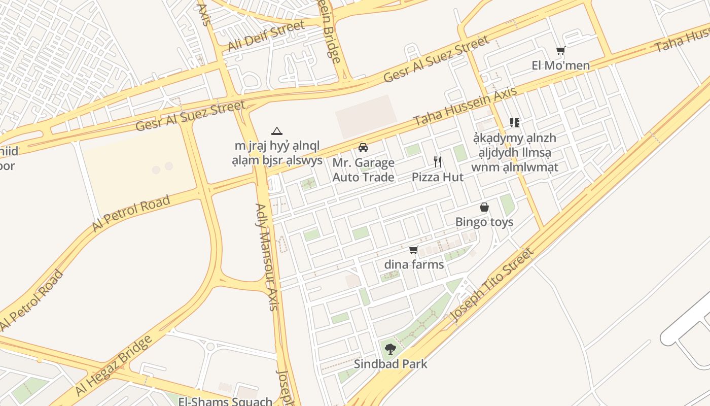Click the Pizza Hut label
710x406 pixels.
point(438,177)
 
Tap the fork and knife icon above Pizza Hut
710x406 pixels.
point(438,162)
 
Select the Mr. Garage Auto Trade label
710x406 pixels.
point(363,170)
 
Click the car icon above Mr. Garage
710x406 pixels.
point(363,148)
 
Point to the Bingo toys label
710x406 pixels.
point(484,222)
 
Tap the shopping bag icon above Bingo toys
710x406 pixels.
point(484,207)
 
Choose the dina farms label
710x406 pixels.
point(414,264)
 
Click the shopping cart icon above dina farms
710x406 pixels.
point(414,250)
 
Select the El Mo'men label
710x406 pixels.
point(560,65)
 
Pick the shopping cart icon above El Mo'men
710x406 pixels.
point(560,50)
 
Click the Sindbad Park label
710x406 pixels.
point(390,364)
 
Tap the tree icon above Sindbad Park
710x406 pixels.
point(390,349)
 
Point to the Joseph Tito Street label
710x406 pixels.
point(492,285)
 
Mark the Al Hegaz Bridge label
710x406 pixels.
point(114,365)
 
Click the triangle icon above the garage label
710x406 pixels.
point(276,131)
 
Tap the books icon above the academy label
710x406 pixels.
point(515,123)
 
